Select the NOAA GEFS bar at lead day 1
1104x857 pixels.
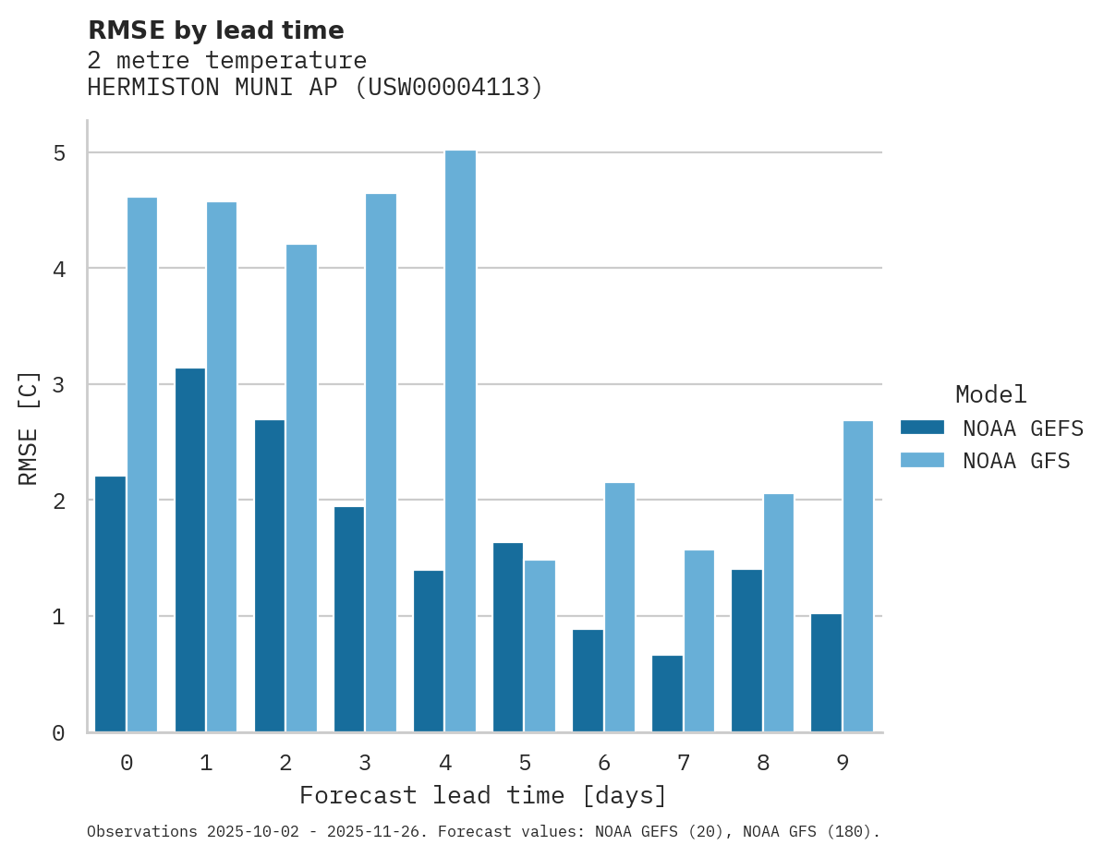190,550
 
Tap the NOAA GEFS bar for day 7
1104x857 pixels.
667,694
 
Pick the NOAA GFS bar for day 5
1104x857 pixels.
540,646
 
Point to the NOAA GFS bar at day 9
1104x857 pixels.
857,576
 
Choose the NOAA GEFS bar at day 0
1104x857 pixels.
110,604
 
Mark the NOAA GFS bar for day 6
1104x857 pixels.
619,608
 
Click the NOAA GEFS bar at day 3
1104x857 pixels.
349,619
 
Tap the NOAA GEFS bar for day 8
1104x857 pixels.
746,651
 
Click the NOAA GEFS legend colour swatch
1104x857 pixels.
922,428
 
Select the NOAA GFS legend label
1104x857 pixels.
1015,461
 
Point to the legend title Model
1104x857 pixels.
990,394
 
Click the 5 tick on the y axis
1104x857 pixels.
59,153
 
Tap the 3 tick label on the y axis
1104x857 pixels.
59,385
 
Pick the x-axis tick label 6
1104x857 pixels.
604,763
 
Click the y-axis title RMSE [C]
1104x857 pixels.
29,428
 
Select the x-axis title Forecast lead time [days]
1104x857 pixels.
483,795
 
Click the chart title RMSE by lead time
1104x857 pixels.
216,30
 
